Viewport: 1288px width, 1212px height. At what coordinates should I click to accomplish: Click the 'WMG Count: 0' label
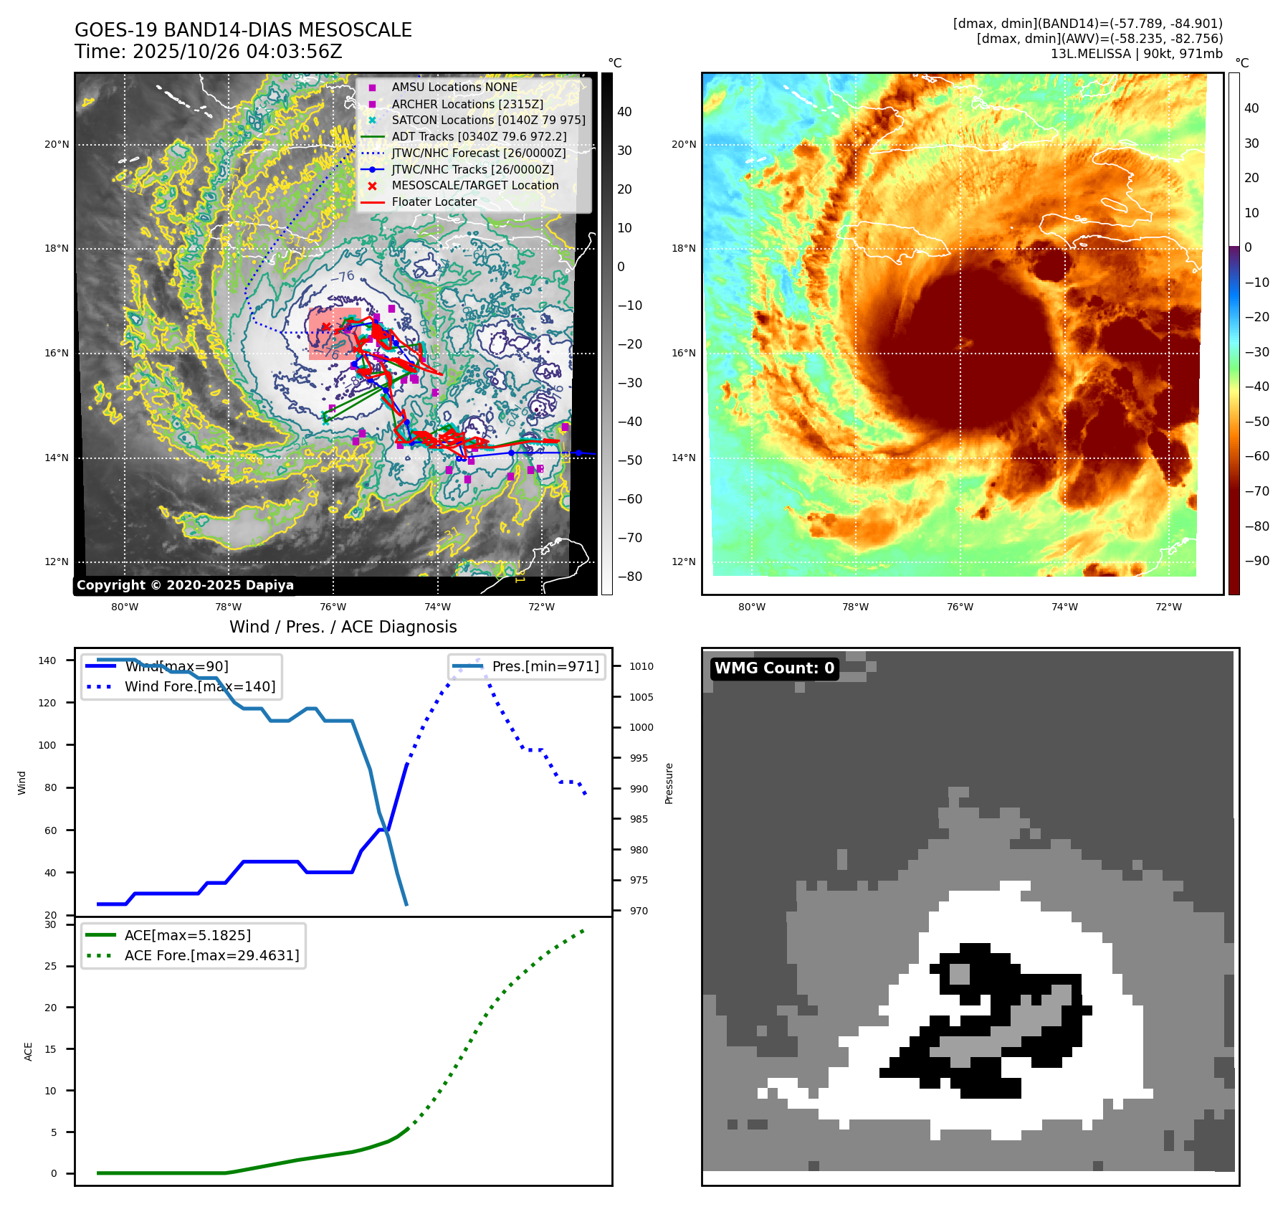[774, 668]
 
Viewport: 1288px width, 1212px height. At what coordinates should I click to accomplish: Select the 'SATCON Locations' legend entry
[488, 120]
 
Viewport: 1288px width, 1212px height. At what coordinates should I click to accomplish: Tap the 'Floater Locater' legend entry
[434, 202]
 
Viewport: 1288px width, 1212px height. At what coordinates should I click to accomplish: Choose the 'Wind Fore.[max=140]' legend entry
[199, 686]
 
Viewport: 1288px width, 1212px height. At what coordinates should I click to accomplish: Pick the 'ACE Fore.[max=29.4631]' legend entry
[211, 955]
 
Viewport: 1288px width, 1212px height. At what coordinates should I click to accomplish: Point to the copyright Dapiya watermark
[185, 585]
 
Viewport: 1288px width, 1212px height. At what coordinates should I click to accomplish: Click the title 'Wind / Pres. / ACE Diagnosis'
[343, 627]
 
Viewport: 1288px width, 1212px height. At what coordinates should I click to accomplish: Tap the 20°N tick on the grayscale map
[57, 145]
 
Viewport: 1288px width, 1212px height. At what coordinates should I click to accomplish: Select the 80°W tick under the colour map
[751, 607]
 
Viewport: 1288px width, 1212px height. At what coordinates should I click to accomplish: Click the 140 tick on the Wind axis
[47, 661]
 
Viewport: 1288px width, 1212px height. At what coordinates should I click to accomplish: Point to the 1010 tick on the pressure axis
[641, 666]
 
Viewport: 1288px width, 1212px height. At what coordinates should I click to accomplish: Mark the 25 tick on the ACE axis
[50, 966]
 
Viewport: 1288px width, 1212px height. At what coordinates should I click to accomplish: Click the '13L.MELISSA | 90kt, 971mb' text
[1136, 54]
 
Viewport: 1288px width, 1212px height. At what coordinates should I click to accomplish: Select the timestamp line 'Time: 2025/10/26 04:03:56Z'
[208, 52]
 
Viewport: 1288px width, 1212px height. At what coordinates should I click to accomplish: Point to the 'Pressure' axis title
[669, 783]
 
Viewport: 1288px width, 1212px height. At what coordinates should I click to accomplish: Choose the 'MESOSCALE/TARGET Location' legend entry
[474, 186]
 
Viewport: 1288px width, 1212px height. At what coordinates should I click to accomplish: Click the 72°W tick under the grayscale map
[541, 607]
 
